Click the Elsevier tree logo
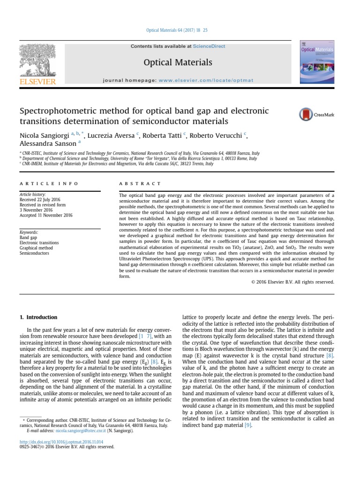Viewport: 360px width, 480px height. click(37, 60)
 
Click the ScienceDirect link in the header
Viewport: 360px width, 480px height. click(209, 46)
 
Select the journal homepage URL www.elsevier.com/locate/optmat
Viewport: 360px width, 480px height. click(206, 80)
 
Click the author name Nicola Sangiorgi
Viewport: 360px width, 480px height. click(45, 136)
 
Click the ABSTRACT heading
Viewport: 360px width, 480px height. click(140, 184)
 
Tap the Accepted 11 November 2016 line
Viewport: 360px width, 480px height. click(45, 215)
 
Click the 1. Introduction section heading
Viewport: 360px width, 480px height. click(38, 317)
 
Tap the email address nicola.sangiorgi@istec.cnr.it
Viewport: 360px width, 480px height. click(82, 430)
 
